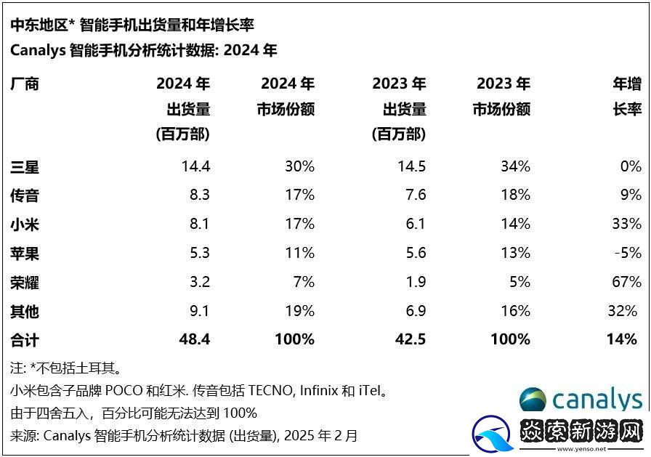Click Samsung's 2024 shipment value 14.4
point(195,166)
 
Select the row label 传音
point(25,195)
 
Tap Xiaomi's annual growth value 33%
point(626,224)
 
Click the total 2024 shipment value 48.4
point(195,339)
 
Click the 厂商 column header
point(25,84)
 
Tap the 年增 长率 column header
point(627,97)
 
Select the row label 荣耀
point(25,282)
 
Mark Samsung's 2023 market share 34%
point(515,166)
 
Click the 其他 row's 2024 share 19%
point(299,311)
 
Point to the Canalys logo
point(581,400)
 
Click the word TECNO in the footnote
point(270,391)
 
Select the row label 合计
point(25,339)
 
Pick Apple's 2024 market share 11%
point(299,253)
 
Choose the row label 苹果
point(25,253)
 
